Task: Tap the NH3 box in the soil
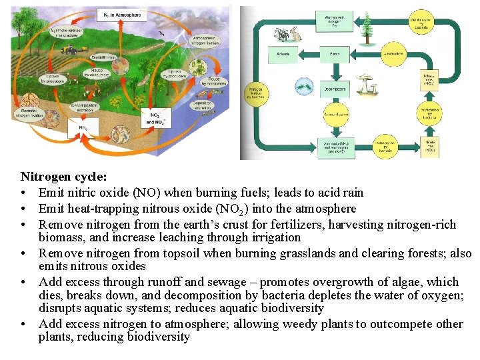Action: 83,128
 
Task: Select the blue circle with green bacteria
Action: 304,85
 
